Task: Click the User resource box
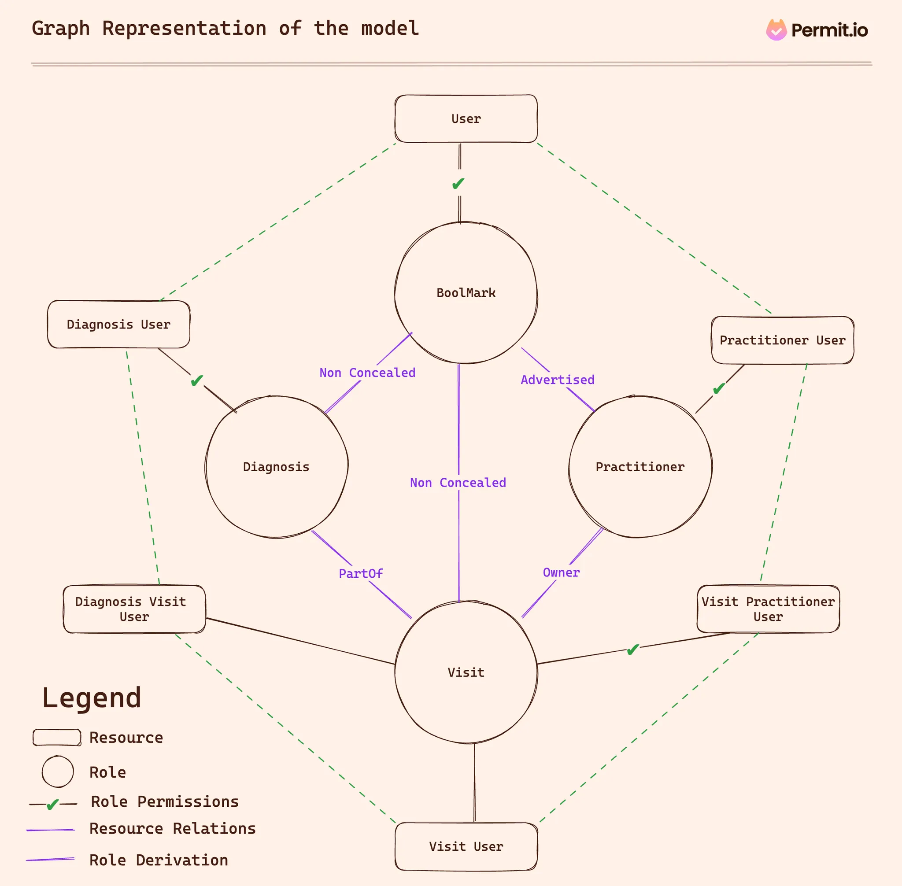click(466, 118)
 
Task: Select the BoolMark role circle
click(466, 293)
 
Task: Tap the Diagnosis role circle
click(277, 467)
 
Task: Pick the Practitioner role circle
click(640, 467)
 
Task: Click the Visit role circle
click(466, 672)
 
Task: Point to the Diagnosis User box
click(118, 325)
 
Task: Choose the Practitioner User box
click(782, 340)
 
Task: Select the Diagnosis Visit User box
click(134, 609)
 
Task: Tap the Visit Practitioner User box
click(768, 609)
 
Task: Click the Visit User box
click(466, 846)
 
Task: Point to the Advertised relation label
click(558, 380)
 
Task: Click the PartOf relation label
click(361, 573)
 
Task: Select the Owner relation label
click(561, 572)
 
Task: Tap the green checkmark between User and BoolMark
click(458, 183)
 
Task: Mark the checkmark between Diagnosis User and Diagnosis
click(197, 380)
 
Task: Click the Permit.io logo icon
click(776, 30)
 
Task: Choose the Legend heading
click(92, 698)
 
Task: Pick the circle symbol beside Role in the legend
click(58, 772)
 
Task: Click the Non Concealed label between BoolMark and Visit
click(458, 483)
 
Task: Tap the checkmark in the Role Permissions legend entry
click(53, 804)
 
